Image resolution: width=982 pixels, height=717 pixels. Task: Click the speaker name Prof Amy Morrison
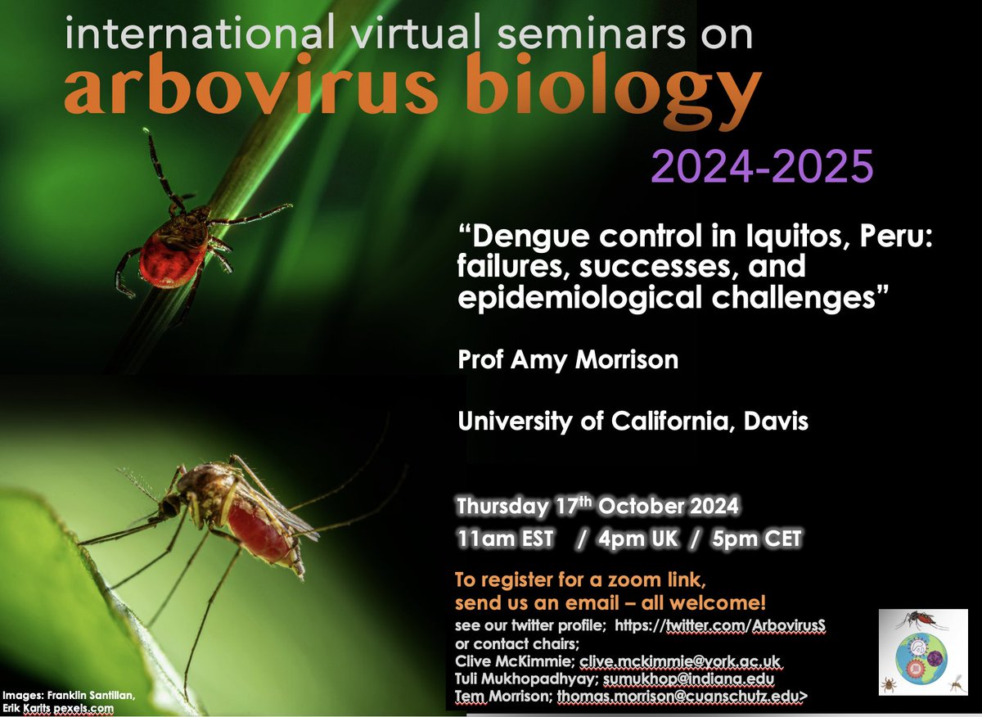coord(568,360)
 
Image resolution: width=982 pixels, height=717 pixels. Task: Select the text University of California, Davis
coord(633,422)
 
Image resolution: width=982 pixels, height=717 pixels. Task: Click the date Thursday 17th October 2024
coord(597,507)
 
